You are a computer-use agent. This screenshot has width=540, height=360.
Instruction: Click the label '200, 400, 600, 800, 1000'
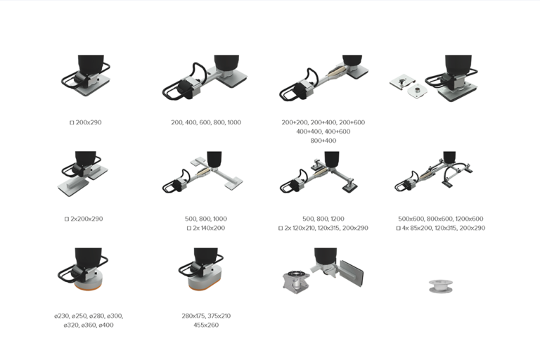coord(206,122)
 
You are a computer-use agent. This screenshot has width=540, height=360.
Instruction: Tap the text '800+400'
coord(323,141)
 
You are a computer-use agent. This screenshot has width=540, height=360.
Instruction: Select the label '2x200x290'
coord(86,219)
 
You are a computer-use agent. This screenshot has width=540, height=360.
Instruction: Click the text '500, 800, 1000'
coord(206,219)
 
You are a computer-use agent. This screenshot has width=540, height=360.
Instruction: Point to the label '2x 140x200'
coord(209,228)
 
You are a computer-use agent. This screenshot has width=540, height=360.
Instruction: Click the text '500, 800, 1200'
coord(323,219)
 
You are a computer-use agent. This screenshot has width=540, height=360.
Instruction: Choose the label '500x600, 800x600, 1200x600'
coord(440,219)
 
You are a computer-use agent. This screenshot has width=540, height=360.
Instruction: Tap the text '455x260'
coord(206,326)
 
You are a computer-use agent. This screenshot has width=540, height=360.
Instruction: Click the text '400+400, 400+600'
coord(323,131)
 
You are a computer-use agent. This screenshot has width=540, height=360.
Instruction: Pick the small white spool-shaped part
coord(440,286)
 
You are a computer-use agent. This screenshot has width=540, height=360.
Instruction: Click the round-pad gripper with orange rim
coord(83,269)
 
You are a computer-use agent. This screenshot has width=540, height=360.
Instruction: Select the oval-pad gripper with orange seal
coord(201,269)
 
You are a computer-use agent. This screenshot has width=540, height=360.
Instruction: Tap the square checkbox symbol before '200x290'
coord(72,122)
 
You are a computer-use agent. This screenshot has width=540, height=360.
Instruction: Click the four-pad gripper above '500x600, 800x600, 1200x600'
coord(435,172)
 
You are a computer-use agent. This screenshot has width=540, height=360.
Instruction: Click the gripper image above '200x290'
coord(86,76)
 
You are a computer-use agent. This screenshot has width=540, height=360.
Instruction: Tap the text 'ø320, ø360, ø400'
coord(89,326)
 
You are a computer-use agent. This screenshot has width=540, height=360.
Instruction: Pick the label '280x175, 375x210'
coord(206,316)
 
